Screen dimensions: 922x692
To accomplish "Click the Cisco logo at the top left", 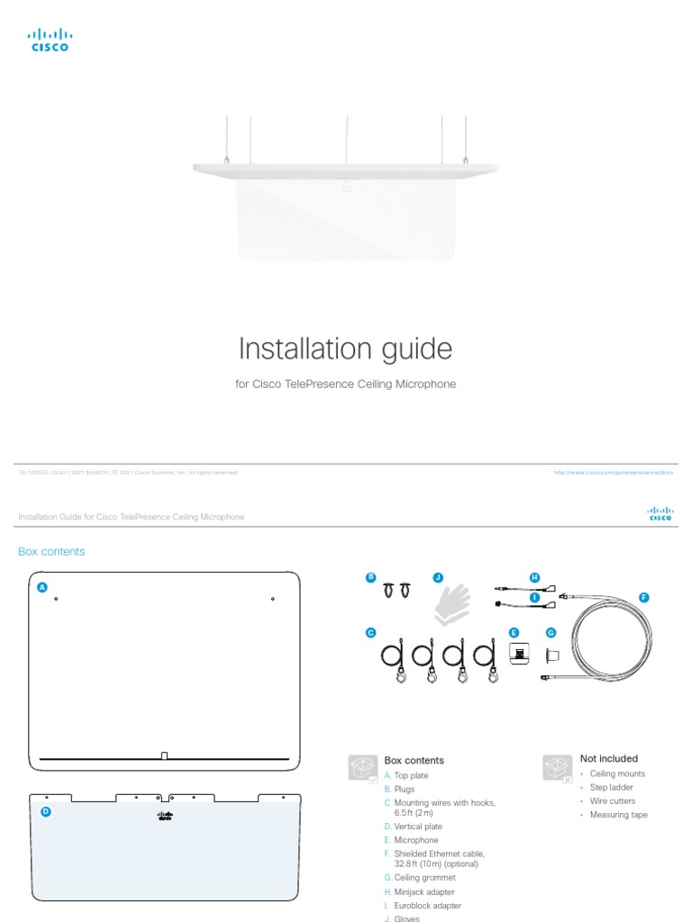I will (50, 41).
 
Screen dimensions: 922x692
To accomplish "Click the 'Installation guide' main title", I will (345, 348).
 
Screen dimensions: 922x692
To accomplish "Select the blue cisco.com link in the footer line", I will (614, 472).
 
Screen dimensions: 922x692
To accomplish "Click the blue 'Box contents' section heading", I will (51, 552).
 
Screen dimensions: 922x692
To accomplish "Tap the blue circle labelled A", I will (41, 587).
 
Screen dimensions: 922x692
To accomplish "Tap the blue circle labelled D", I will (45, 811).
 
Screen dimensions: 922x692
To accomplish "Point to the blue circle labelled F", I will (643, 597).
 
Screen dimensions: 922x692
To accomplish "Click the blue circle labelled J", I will (438, 577).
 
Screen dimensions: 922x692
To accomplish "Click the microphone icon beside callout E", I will (519, 653).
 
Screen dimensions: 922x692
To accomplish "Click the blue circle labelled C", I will (369, 633).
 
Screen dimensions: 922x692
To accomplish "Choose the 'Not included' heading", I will (608, 759).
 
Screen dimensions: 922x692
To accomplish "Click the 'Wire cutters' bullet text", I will (612, 801).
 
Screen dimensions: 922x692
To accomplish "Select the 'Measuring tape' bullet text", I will (618, 815).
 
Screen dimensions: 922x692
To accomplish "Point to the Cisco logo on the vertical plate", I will (165, 816).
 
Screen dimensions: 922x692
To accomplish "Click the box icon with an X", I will (556, 768).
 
